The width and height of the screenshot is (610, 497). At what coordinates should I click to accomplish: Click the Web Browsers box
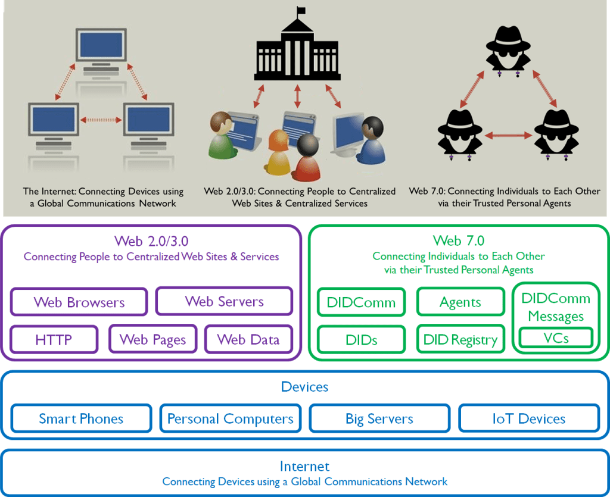[79, 302]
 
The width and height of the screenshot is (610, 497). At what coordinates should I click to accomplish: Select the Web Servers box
[224, 301]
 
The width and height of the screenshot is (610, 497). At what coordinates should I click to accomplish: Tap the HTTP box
[54, 340]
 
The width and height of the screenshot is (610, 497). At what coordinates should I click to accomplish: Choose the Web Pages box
[152, 340]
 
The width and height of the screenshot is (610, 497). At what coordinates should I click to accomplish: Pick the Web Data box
[248, 340]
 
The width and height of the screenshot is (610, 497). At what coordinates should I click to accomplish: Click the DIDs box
[361, 340]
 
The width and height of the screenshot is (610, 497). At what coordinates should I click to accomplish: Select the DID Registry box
[460, 340]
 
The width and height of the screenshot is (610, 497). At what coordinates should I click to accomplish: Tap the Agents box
[460, 302]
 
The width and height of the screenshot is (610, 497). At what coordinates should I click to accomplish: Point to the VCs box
[556, 338]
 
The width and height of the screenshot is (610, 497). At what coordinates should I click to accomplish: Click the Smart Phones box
[81, 418]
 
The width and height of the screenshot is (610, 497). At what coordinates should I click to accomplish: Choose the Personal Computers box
[230, 418]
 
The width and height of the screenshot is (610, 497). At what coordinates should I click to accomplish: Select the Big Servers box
[379, 418]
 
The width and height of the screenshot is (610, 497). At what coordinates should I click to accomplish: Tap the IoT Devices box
[528, 418]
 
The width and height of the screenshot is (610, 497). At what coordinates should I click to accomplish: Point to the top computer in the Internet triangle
[101, 51]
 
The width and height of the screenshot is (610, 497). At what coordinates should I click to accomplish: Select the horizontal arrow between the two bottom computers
[101, 120]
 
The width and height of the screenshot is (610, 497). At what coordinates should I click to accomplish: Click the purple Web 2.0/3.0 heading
[151, 241]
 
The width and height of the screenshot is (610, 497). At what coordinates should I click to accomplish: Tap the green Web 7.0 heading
[459, 241]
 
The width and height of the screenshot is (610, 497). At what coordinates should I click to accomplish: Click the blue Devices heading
[304, 387]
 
